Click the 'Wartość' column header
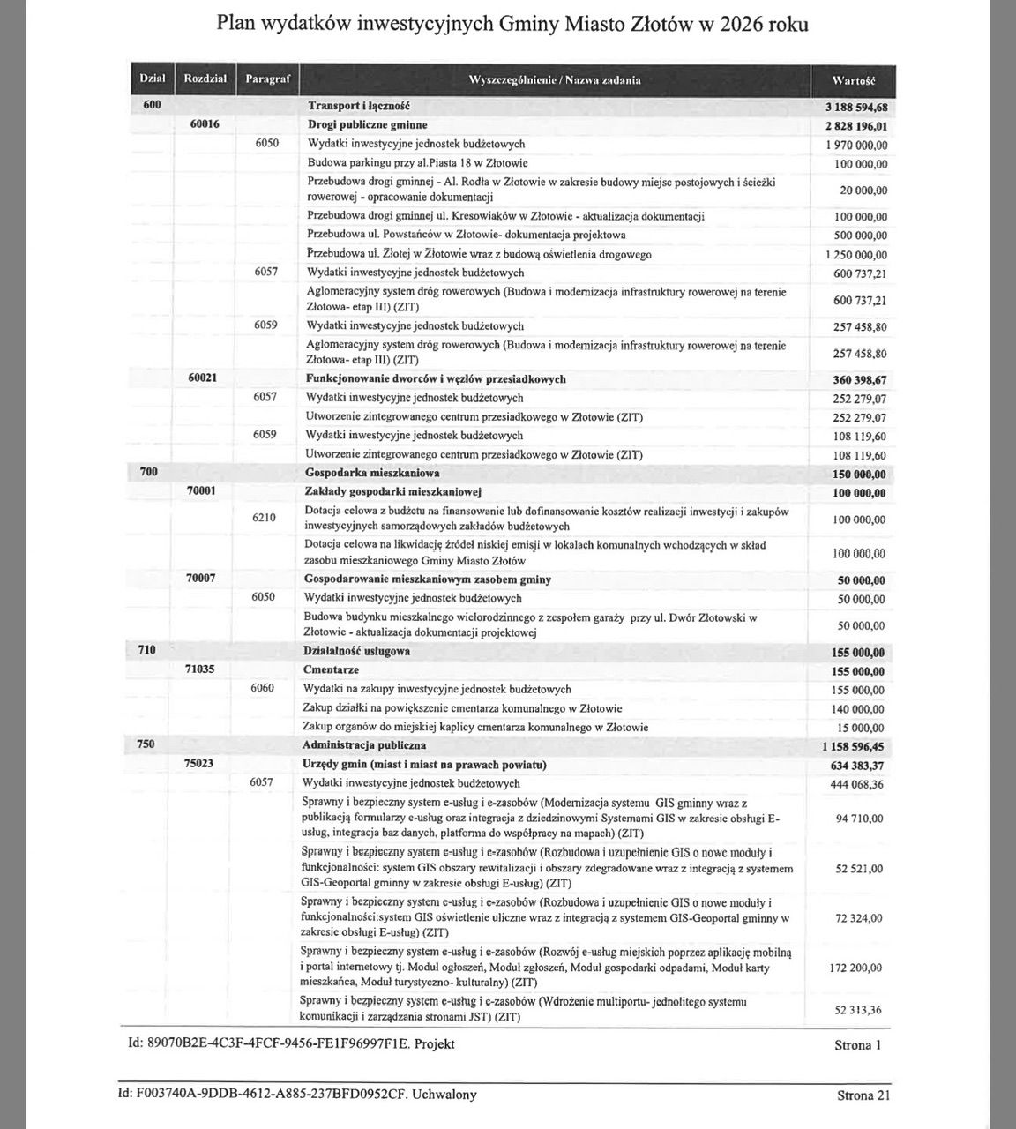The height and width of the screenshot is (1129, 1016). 853,80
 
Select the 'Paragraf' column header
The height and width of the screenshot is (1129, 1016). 267,79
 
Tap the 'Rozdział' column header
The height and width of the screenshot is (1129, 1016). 205,79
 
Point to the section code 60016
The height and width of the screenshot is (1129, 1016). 204,124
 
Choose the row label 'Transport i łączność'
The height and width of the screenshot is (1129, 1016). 358,106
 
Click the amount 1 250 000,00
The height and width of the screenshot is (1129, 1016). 856,255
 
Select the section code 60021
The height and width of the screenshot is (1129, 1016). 203,378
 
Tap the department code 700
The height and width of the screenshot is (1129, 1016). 149,472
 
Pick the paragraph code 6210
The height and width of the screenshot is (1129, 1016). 264,518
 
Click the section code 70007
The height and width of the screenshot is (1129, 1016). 201,579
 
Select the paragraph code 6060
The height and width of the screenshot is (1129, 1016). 262,688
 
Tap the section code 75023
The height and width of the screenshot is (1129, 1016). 199,764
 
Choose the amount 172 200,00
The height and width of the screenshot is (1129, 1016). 855,968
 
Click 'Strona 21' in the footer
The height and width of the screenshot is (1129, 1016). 863,1095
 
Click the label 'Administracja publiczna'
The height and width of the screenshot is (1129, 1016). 364,745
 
